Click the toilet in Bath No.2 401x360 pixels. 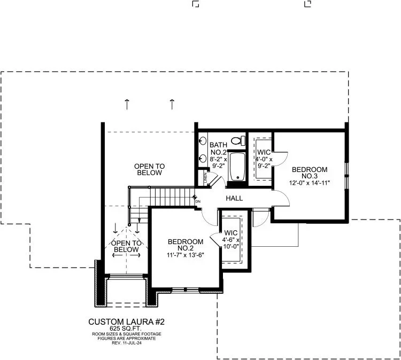238,140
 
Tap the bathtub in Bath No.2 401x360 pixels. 237,167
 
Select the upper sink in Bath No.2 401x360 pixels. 203,141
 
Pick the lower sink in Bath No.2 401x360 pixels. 203,159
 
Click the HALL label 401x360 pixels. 234,198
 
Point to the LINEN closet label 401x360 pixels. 205,178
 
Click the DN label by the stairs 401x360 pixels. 198,201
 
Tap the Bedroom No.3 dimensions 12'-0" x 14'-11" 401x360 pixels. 310,183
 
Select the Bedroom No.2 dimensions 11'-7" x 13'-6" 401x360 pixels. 185,255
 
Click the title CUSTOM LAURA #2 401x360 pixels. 126,322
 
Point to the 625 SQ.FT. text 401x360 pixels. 126,328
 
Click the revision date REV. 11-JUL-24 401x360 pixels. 127,343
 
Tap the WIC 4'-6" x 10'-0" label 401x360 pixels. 230,240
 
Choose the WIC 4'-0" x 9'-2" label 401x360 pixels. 264,159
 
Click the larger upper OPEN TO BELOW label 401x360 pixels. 150,169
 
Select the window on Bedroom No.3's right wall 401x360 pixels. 346,176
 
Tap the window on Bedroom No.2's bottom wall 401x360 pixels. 185,289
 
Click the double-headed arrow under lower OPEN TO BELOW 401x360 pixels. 126,255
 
